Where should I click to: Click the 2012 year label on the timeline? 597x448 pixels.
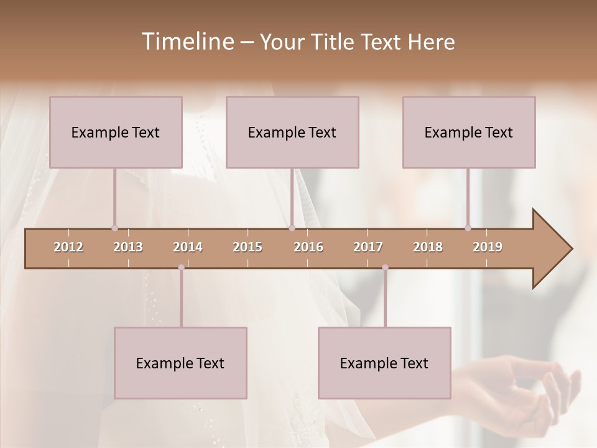(68, 247)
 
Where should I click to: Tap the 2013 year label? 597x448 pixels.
(128, 247)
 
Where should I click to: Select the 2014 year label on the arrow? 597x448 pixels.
(188, 247)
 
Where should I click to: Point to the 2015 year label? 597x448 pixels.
(248, 247)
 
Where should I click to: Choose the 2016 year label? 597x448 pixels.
(308, 247)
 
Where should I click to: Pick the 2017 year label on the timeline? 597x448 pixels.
(368, 247)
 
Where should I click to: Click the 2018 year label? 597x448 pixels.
(428, 247)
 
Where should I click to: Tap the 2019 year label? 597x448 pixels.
(488, 247)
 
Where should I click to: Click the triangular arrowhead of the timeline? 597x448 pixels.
(551, 249)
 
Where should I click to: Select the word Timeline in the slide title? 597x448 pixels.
(186, 42)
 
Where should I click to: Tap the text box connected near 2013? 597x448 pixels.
(116, 132)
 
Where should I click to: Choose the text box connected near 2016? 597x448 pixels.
(292, 132)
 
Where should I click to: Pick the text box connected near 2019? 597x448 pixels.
(469, 132)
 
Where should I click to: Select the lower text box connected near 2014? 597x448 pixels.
(180, 363)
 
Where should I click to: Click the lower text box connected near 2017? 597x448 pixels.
(384, 363)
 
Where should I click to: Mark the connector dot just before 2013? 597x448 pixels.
(114, 228)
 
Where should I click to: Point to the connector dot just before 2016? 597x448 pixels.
(292, 228)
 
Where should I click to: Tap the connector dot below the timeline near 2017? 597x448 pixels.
(385, 268)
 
